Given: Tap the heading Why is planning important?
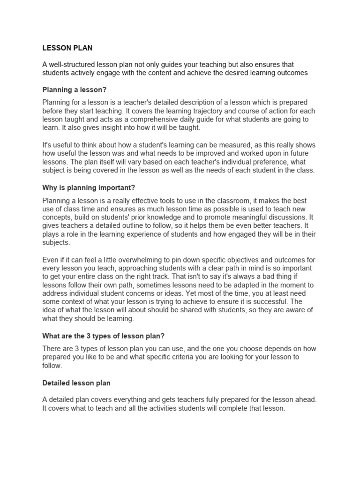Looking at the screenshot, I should coord(89,187).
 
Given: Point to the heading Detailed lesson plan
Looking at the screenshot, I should coord(76,383).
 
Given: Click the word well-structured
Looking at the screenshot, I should coord(72,64).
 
